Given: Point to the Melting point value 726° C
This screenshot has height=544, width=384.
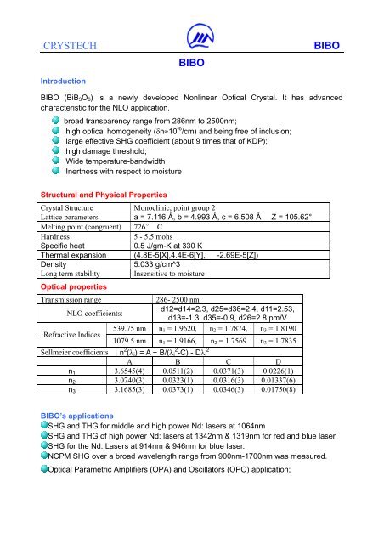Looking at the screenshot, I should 148,227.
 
